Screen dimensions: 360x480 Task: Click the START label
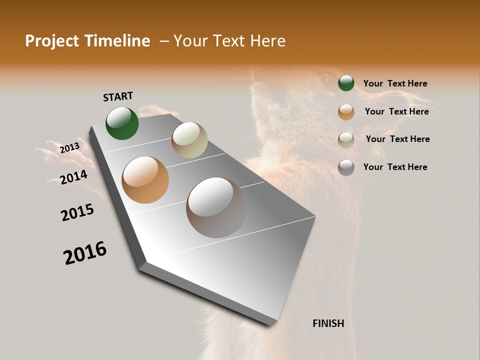118,96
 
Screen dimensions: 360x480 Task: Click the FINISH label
328,323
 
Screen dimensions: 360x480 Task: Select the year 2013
69,148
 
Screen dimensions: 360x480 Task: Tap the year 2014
73,177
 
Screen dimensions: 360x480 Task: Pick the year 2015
77,212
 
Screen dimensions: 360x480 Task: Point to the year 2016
85,253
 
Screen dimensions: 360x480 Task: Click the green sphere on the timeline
122,123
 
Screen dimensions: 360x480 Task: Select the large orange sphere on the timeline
145,180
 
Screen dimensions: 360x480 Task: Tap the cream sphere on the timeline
189,140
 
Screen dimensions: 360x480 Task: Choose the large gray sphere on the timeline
216,207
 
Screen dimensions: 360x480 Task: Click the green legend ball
346,83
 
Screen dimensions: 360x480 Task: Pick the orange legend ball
346,112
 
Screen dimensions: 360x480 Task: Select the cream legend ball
346,139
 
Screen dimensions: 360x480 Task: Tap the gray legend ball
346,167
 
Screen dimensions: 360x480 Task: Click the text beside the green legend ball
395,83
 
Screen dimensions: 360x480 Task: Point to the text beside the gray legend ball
395,167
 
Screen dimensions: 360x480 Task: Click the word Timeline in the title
120,41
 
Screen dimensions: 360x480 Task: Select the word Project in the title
52,41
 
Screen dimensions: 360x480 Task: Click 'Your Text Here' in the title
229,41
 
